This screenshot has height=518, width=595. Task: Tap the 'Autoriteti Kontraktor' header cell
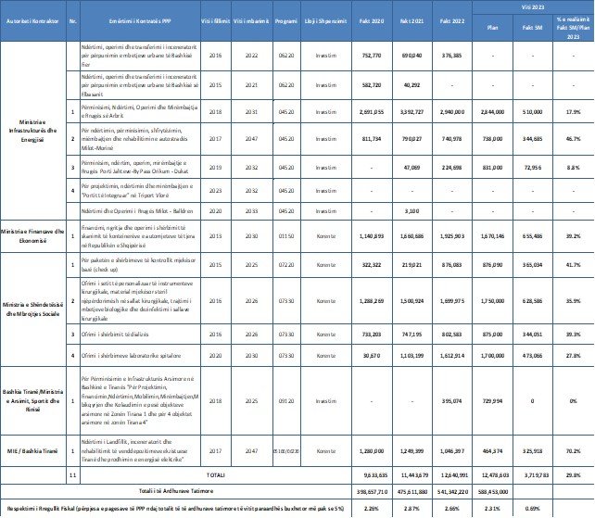32,19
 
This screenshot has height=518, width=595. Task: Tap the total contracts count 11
73,473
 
